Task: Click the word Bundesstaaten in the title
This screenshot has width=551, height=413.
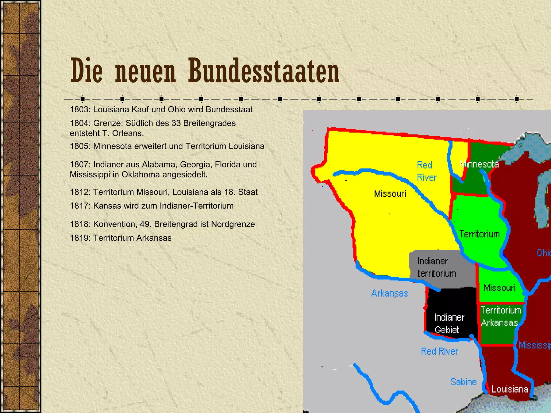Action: point(264,71)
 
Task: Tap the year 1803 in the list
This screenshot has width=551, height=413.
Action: point(80,109)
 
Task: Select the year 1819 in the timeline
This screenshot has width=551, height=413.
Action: point(80,238)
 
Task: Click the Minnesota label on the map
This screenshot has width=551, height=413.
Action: point(479,164)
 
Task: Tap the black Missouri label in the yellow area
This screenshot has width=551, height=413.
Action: point(390,194)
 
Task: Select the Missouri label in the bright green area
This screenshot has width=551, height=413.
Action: point(500,288)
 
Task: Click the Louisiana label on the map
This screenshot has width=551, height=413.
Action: point(510,389)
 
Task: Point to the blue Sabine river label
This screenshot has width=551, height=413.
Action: point(463,382)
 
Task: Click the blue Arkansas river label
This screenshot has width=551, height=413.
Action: point(390,293)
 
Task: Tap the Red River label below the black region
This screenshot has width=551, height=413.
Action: point(439,351)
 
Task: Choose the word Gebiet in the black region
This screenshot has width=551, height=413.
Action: point(447,330)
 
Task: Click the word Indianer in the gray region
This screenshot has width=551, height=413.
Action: point(433,261)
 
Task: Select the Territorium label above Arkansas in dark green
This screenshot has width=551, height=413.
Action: point(501,310)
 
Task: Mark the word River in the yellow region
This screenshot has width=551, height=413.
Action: point(426,178)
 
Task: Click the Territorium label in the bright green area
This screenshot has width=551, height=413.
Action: point(479,234)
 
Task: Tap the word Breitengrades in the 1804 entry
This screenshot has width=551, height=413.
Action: point(209,123)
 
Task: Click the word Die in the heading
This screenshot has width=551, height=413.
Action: point(86,71)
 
